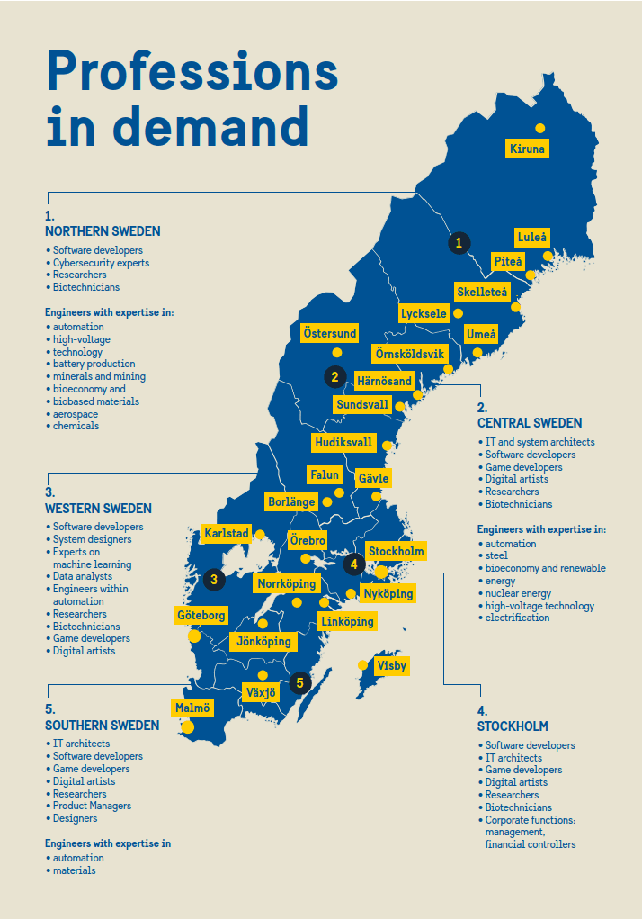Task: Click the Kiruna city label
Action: point(527,149)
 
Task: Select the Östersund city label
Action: point(330,333)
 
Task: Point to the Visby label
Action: point(392,666)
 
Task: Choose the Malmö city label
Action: point(192,708)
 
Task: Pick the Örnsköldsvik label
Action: point(410,355)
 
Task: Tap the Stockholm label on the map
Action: point(396,551)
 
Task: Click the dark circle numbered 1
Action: point(459,242)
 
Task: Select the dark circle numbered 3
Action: point(214,579)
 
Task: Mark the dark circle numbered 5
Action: point(300,682)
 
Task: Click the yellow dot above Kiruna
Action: point(539,128)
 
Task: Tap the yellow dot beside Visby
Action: point(363,665)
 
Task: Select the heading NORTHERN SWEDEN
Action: point(103,232)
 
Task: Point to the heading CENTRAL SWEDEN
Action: point(530,423)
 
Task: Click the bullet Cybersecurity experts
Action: point(101,263)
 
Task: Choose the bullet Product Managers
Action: point(92,806)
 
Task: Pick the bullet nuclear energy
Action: point(519,593)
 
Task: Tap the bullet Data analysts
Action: point(83,576)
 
